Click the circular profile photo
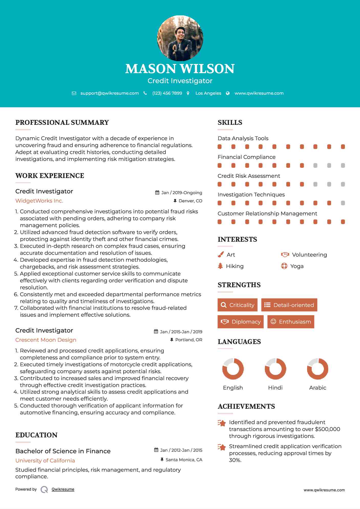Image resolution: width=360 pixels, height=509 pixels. click(180, 38)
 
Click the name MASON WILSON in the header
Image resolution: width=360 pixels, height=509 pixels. click(180, 69)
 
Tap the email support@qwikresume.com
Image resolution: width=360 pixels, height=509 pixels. click(110, 93)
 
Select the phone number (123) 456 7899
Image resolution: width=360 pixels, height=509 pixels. click(167, 93)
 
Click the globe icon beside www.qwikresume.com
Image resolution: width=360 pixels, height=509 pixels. click(228, 93)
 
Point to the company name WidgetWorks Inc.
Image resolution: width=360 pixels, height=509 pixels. click(39, 201)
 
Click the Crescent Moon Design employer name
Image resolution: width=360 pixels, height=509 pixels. click(46, 340)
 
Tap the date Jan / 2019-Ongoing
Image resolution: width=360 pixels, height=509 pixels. click(181, 193)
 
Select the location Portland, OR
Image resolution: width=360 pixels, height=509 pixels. click(189, 340)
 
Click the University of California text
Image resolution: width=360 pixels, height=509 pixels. click(45, 461)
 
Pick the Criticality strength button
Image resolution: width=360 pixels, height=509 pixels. click(237, 305)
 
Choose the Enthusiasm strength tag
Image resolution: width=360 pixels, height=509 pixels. click(291, 322)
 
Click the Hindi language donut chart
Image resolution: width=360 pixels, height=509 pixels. click(275, 369)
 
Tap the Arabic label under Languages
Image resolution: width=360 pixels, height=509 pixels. click(318, 388)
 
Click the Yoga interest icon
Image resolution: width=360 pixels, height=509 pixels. click(284, 266)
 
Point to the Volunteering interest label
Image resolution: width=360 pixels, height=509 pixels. click(309, 255)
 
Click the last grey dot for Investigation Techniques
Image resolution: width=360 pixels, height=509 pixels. click(343, 203)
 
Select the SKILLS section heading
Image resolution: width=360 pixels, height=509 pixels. click(230, 123)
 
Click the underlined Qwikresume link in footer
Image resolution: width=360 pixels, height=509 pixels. click(63, 489)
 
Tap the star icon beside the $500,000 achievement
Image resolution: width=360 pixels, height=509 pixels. click(222, 423)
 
